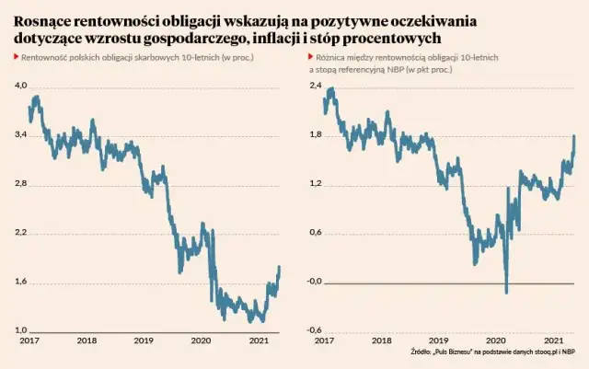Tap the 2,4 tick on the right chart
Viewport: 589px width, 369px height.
tap(315, 86)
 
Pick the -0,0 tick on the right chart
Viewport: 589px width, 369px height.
tap(315, 282)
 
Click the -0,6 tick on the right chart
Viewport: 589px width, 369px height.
tap(315, 331)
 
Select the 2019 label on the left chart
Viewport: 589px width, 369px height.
tap(144, 340)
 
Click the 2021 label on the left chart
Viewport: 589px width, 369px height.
tap(259, 340)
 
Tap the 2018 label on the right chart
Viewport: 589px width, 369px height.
tap(382, 340)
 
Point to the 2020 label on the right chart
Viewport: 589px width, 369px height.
tap(496, 340)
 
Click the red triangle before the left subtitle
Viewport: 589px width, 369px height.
tap(16, 57)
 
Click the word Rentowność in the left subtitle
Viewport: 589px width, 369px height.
tap(42, 57)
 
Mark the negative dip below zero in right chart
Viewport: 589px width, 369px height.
tap(506, 290)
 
